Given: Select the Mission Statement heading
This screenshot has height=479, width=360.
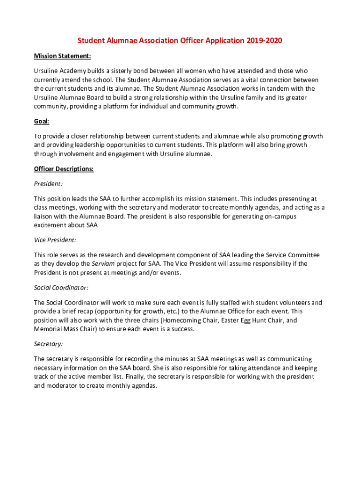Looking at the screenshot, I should [x=62, y=56].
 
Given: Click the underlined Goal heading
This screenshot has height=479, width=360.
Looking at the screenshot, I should [x=42, y=122].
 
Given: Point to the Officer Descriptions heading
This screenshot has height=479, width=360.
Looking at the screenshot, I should [x=64, y=169].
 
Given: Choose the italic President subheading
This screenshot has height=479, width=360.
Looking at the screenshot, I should [x=48, y=184].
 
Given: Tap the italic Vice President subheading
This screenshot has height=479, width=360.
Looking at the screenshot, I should [x=55, y=240].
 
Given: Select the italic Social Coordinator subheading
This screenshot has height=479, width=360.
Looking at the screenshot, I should [x=61, y=288].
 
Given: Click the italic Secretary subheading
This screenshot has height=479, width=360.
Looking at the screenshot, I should [x=48, y=344].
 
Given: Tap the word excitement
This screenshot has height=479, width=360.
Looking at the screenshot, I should [x=50, y=225].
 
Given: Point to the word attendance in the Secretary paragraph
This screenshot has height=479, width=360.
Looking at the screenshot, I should [x=270, y=368].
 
